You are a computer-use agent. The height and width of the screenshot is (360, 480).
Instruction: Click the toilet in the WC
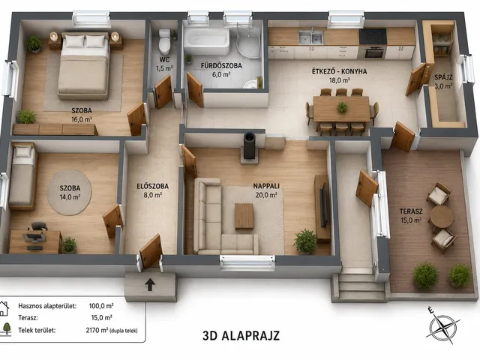click(164, 42)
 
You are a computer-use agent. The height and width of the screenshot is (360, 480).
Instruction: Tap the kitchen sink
click(310, 37)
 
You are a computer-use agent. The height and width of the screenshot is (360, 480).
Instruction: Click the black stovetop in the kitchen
click(373, 37)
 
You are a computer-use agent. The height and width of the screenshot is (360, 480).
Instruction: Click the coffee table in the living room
click(244, 216)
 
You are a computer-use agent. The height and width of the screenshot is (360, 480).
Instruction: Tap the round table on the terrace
click(442, 217)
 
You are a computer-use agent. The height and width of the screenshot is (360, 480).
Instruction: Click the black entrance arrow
click(150, 284)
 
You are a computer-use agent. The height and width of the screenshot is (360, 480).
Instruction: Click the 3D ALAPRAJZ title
click(241, 336)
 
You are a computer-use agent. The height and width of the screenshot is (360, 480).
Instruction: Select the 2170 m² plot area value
click(97, 330)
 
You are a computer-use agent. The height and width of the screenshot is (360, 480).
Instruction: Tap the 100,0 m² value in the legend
click(101, 306)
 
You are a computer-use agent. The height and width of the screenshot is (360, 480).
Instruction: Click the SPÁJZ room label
click(443, 77)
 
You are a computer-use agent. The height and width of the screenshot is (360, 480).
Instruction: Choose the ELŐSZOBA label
click(152, 186)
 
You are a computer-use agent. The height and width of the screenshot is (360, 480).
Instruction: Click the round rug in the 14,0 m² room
click(70, 193)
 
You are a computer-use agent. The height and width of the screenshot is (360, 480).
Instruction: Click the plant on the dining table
click(342, 107)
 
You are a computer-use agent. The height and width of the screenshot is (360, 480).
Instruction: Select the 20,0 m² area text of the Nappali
click(266, 195)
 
